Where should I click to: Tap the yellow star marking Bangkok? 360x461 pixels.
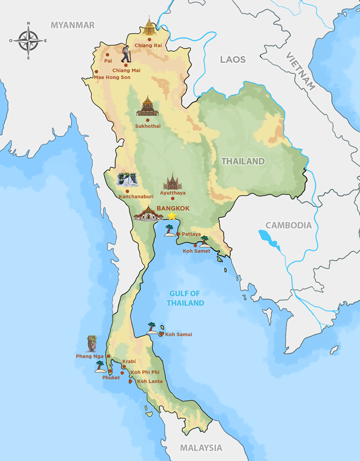click(172, 216)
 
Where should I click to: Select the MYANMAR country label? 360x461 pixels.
click(73, 25)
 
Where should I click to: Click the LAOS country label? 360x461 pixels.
click(233, 59)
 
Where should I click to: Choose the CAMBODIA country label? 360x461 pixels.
click(288, 225)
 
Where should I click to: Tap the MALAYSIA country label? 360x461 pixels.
click(201, 448)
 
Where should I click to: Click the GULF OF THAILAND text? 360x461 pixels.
click(185, 298)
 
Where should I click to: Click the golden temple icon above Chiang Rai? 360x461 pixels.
click(149, 26)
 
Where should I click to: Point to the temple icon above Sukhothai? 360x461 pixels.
click(147, 106)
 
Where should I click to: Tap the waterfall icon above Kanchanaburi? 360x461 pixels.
click(127, 179)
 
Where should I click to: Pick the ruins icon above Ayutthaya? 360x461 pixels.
click(173, 181)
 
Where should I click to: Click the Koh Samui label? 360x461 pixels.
click(178, 335)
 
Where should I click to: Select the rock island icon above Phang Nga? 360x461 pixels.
click(92, 344)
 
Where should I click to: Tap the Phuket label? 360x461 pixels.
click(111, 378)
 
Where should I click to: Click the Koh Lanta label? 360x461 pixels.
click(150, 381)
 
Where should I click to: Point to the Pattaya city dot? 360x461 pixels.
click(178, 234)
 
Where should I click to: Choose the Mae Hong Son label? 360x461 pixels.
click(112, 77)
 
